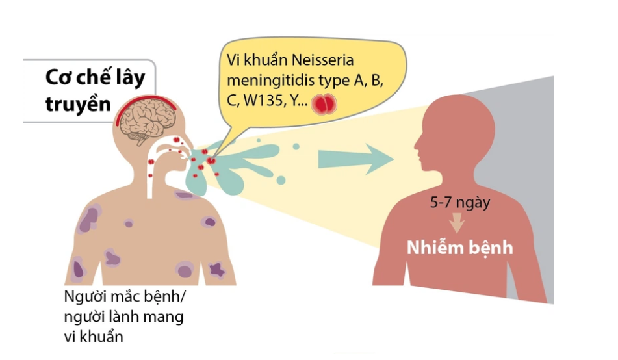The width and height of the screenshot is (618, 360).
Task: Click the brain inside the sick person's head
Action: (148, 120)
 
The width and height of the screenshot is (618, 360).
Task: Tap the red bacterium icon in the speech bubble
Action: (324, 105)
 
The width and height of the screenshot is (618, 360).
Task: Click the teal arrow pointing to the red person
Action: (356, 159)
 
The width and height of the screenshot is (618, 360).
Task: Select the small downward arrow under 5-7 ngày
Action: (457, 223)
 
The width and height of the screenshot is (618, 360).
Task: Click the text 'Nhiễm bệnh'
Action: (460, 248)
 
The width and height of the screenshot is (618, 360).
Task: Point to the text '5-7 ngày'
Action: (460, 203)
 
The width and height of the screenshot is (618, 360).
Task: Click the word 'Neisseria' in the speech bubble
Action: (322, 60)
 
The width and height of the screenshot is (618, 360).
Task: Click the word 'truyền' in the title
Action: (79, 104)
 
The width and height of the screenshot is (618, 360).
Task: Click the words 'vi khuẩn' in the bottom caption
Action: (94, 337)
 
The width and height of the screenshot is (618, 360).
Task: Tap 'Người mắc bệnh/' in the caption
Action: (124, 296)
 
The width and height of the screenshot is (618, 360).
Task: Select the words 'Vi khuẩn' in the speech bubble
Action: (257, 60)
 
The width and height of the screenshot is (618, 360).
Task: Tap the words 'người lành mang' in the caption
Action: (123, 316)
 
